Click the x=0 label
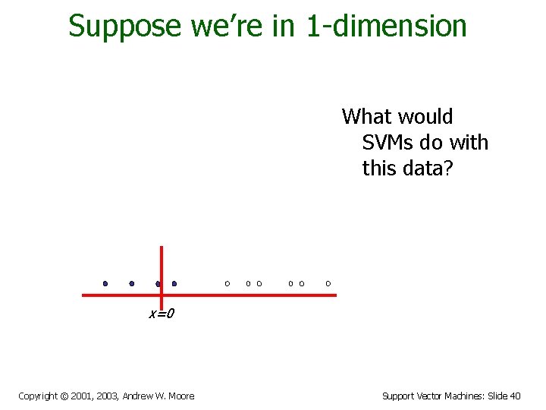point(161,314)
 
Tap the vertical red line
point(162,262)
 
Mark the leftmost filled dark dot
point(105,283)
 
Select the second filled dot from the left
point(132,283)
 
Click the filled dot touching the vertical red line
point(158,284)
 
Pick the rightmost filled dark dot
point(174,283)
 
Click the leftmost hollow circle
point(227,283)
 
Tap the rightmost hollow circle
point(328,283)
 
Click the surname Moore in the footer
point(180,396)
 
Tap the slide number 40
point(515,396)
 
